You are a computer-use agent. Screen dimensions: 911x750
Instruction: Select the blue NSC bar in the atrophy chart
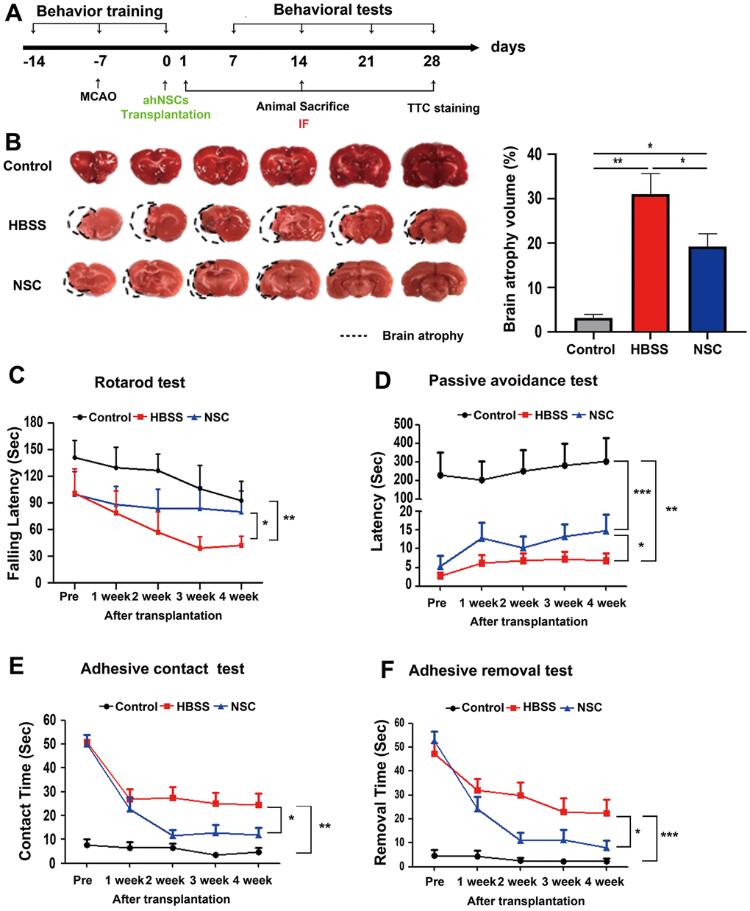[707, 289]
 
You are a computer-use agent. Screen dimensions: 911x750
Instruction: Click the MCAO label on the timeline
[98, 96]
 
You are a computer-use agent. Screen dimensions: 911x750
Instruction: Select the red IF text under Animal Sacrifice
[303, 124]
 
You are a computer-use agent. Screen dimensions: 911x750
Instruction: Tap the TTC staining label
[443, 108]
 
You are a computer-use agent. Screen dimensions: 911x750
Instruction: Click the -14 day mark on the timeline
[33, 62]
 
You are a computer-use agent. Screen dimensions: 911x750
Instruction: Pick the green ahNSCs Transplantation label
[165, 107]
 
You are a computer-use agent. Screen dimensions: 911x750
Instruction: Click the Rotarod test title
[140, 382]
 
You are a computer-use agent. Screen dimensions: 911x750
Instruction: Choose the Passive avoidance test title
[513, 381]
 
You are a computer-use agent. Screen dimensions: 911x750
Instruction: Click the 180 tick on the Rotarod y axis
[32, 423]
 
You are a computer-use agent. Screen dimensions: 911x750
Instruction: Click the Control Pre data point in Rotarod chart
[74, 457]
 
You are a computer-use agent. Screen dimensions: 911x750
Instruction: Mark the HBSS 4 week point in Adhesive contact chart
[258, 804]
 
